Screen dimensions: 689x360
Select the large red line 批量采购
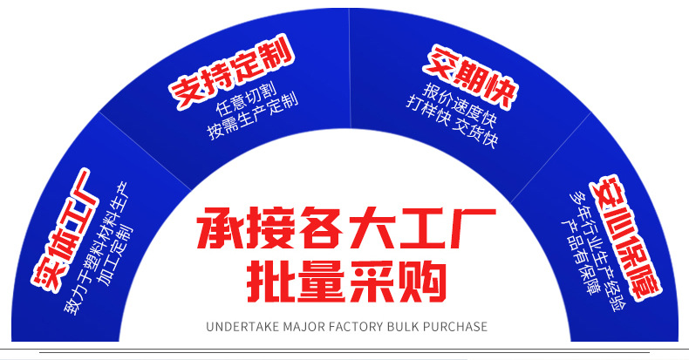point(346,281)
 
